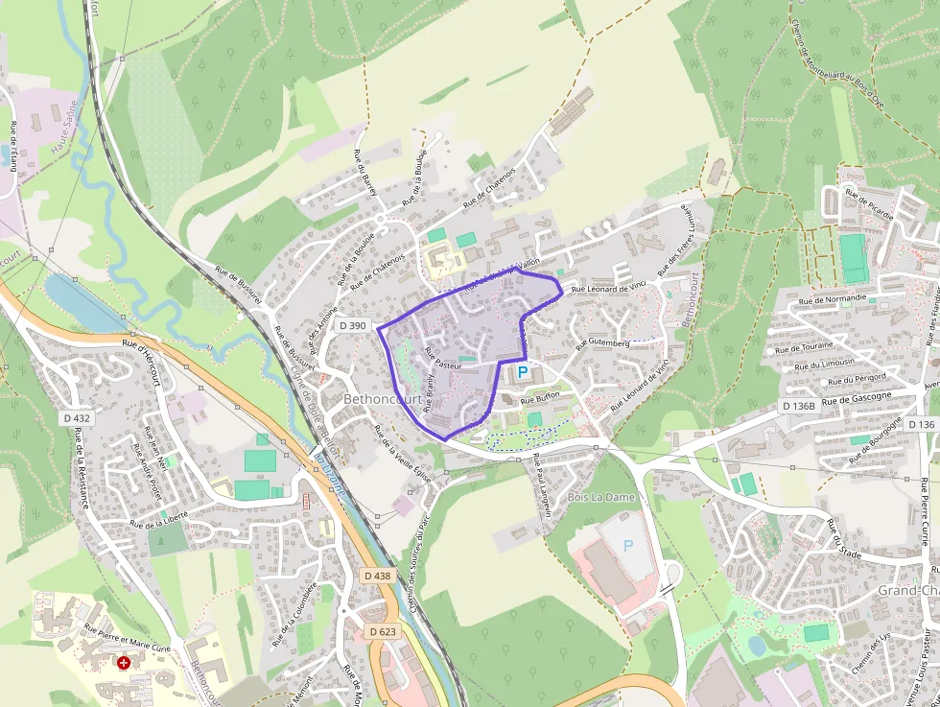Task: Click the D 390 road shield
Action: [x=353, y=326]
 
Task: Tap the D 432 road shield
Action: [x=77, y=418]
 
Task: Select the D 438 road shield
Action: [x=379, y=576]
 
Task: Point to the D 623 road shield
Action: [x=383, y=631]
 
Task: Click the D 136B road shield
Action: [x=799, y=406]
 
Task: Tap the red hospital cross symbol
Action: [x=123, y=662]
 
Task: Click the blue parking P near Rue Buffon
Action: [x=523, y=371]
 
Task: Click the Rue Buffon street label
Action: [x=540, y=397]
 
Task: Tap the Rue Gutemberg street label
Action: [x=601, y=343]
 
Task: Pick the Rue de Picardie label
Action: [x=869, y=203]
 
